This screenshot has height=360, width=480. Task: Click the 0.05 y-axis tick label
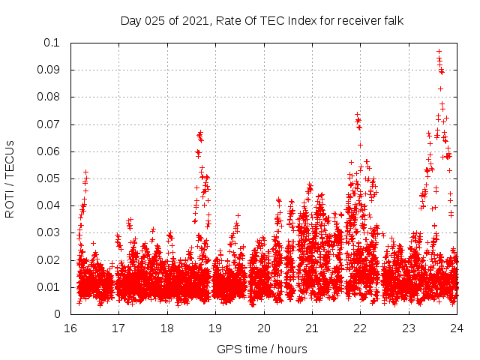tap(50, 178)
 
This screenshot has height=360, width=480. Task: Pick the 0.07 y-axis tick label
tap(50, 124)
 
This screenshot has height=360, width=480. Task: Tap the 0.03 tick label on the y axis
tap(50, 233)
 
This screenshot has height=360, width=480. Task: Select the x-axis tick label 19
tap(215, 328)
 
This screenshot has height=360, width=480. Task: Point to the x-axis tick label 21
tap(312, 328)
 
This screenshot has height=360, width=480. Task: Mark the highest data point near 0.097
tap(439, 52)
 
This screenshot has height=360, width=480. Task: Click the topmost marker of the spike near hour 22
tap(358, 115)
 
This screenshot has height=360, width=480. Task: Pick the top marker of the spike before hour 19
tap(199, 133)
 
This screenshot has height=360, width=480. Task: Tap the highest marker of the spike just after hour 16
tap(86, 172)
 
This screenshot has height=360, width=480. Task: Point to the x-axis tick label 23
tap(409, 328)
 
